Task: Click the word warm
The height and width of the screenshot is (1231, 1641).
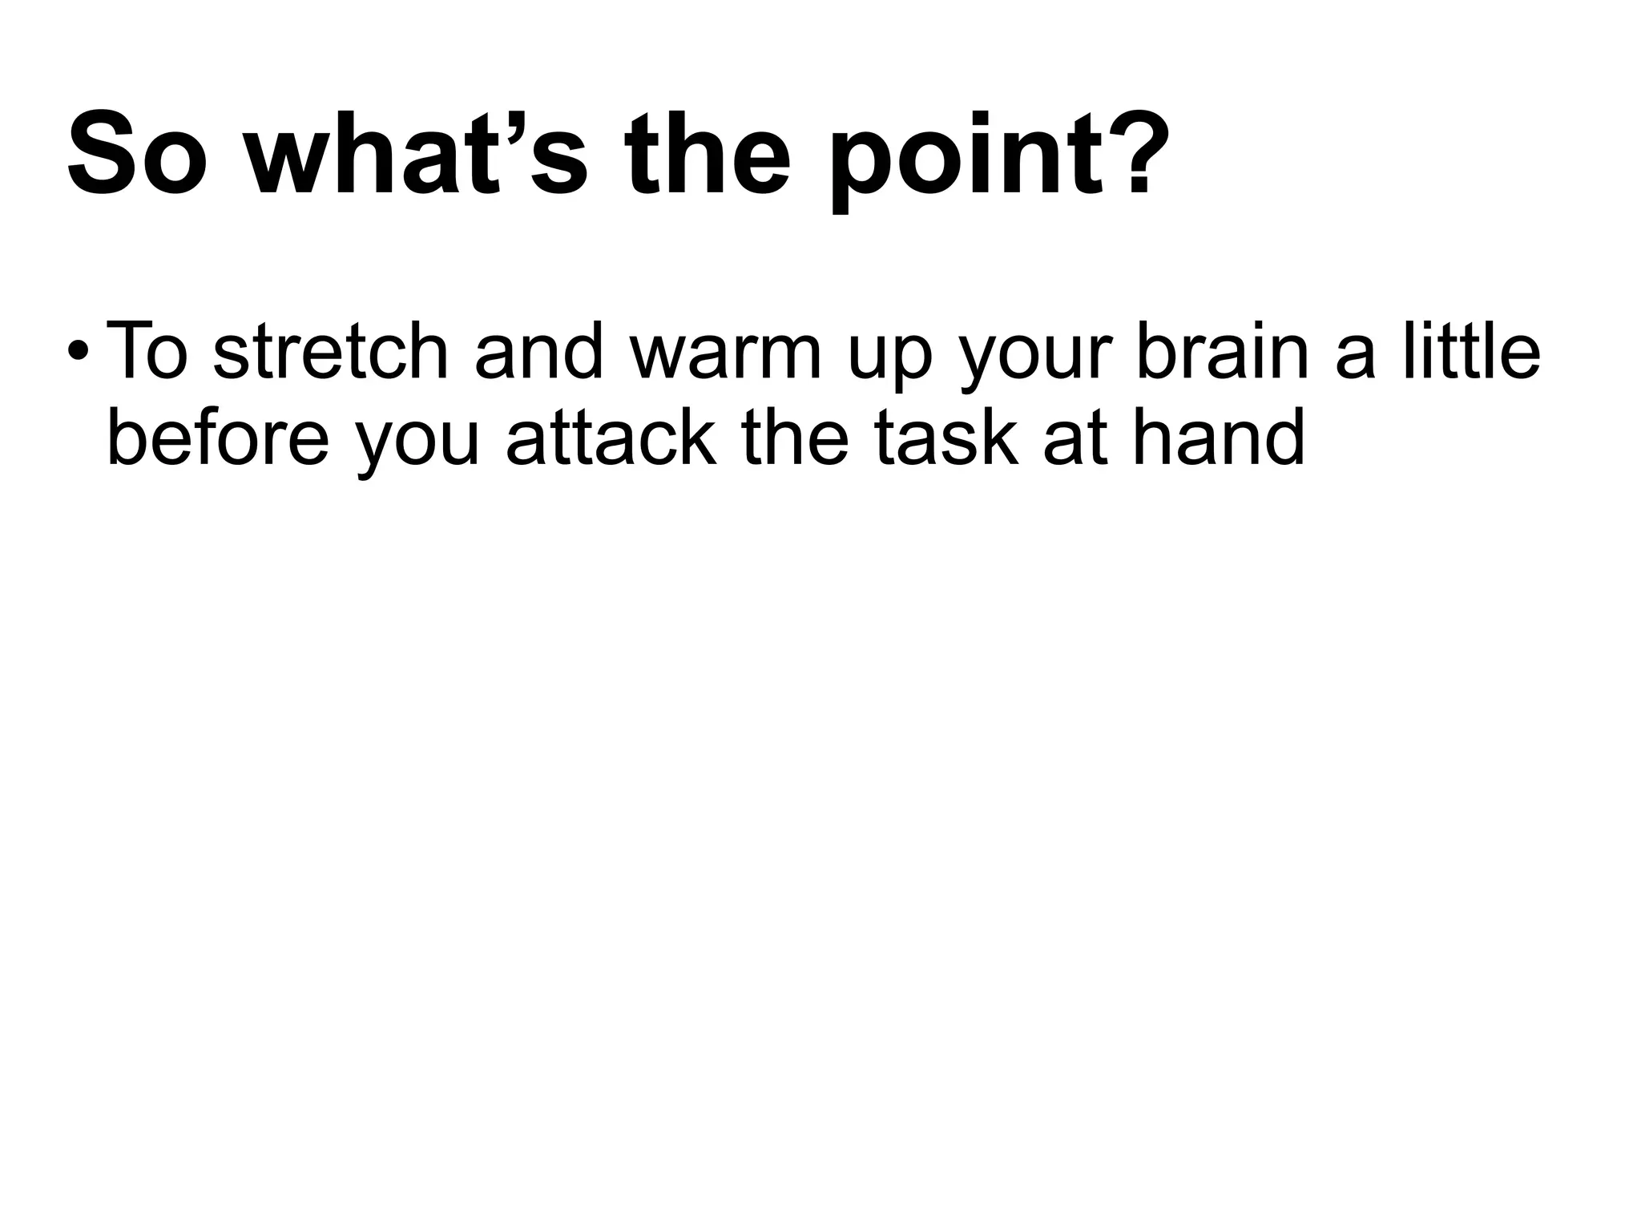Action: (726, 353)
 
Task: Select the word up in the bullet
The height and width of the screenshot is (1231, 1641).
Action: (890, 361)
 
